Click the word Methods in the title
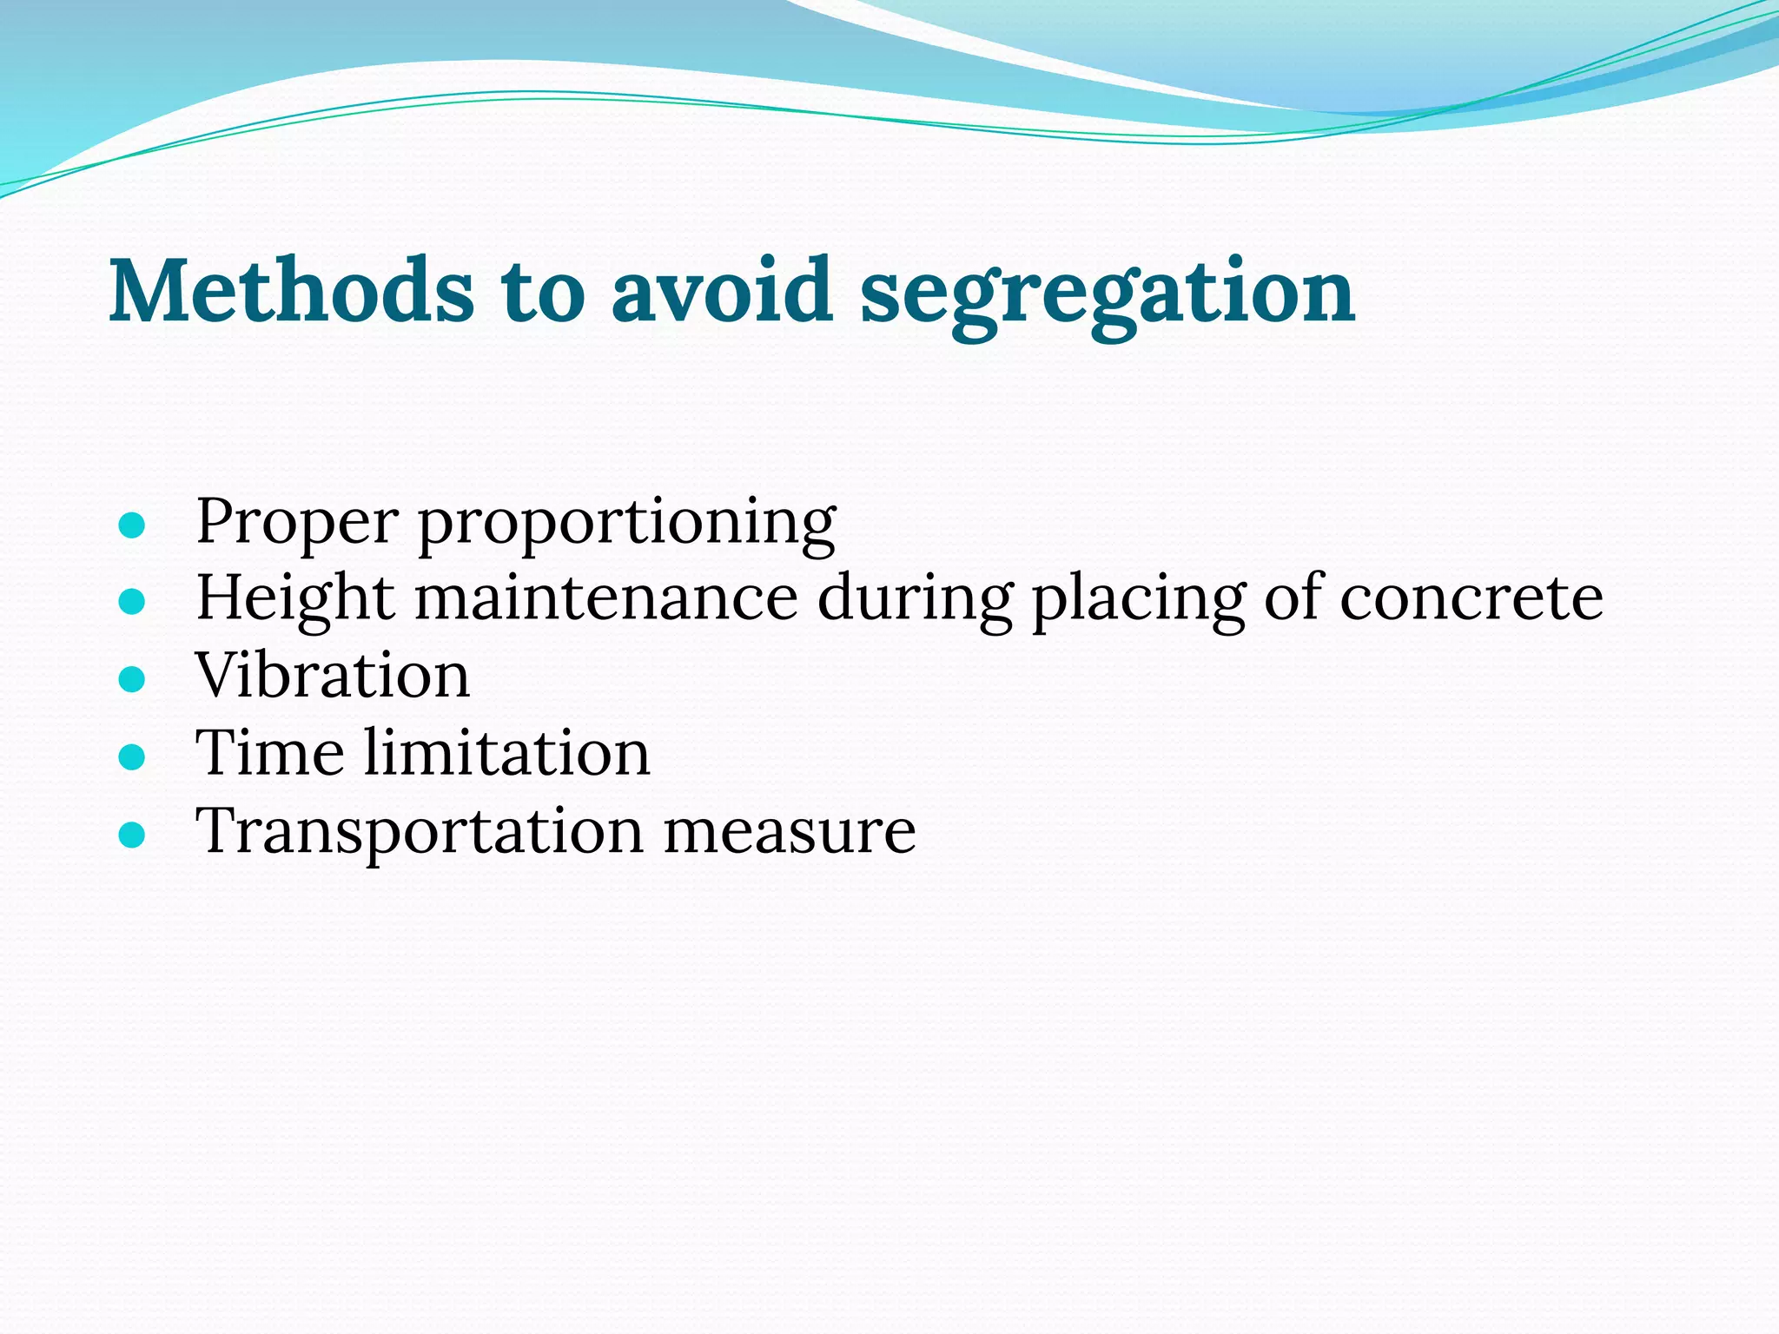[291, 291]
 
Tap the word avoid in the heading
[722, 291]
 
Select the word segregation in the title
[1108, 295]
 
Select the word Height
[295, 600]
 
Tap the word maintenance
[606, 598]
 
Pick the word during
[915, 600]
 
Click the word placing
[1139, 600]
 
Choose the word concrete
[1471, 598]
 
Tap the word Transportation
[420, 831]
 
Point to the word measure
[790, 831]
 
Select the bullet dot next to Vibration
[131, 679]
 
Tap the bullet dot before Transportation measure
[131, 835]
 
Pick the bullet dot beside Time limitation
[131, 756]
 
